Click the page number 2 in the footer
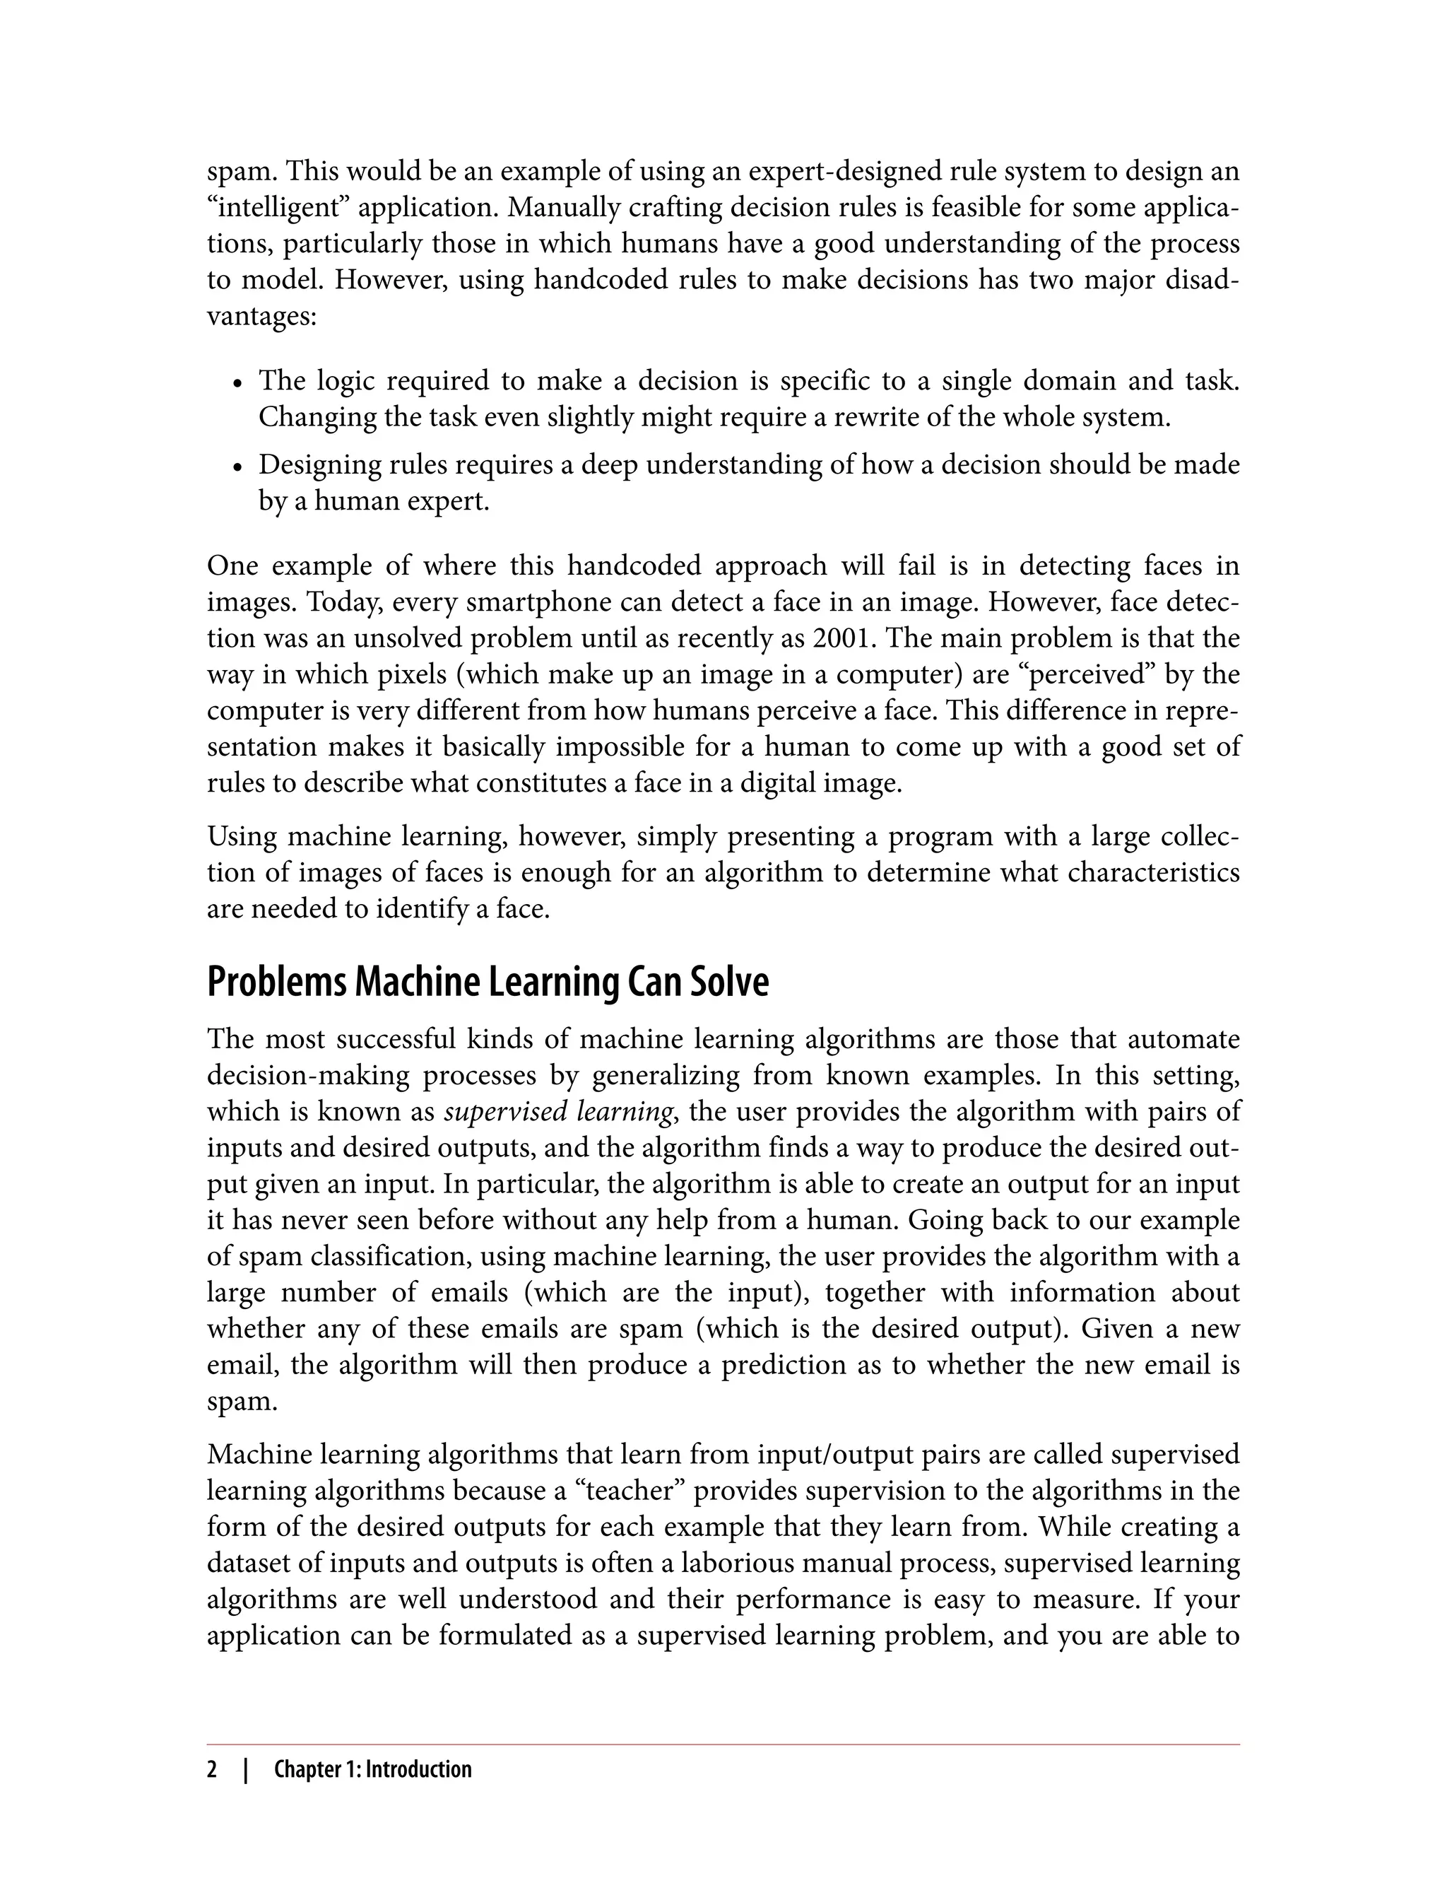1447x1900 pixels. click(212, 1770)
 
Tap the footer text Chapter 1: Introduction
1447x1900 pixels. click(372, 1770)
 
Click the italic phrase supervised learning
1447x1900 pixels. click(558, 1112)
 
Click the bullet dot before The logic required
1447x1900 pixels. click(239, 383)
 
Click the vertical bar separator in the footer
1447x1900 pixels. click(247, 1770)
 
